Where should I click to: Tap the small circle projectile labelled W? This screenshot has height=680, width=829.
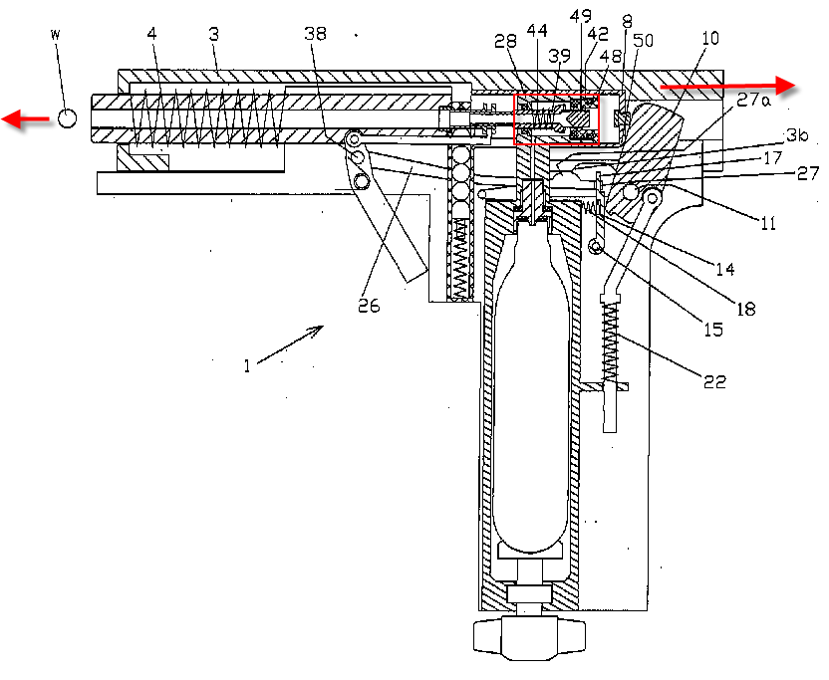pos(67,118)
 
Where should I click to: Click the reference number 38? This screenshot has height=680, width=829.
pos(315,34)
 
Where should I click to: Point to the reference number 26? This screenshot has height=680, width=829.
pos(370,307)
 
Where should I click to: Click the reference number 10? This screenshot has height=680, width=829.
pos(709,38)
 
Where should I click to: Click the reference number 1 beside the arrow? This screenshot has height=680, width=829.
pos(246,364)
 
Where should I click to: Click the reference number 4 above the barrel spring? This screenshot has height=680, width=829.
pos(151,34)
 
